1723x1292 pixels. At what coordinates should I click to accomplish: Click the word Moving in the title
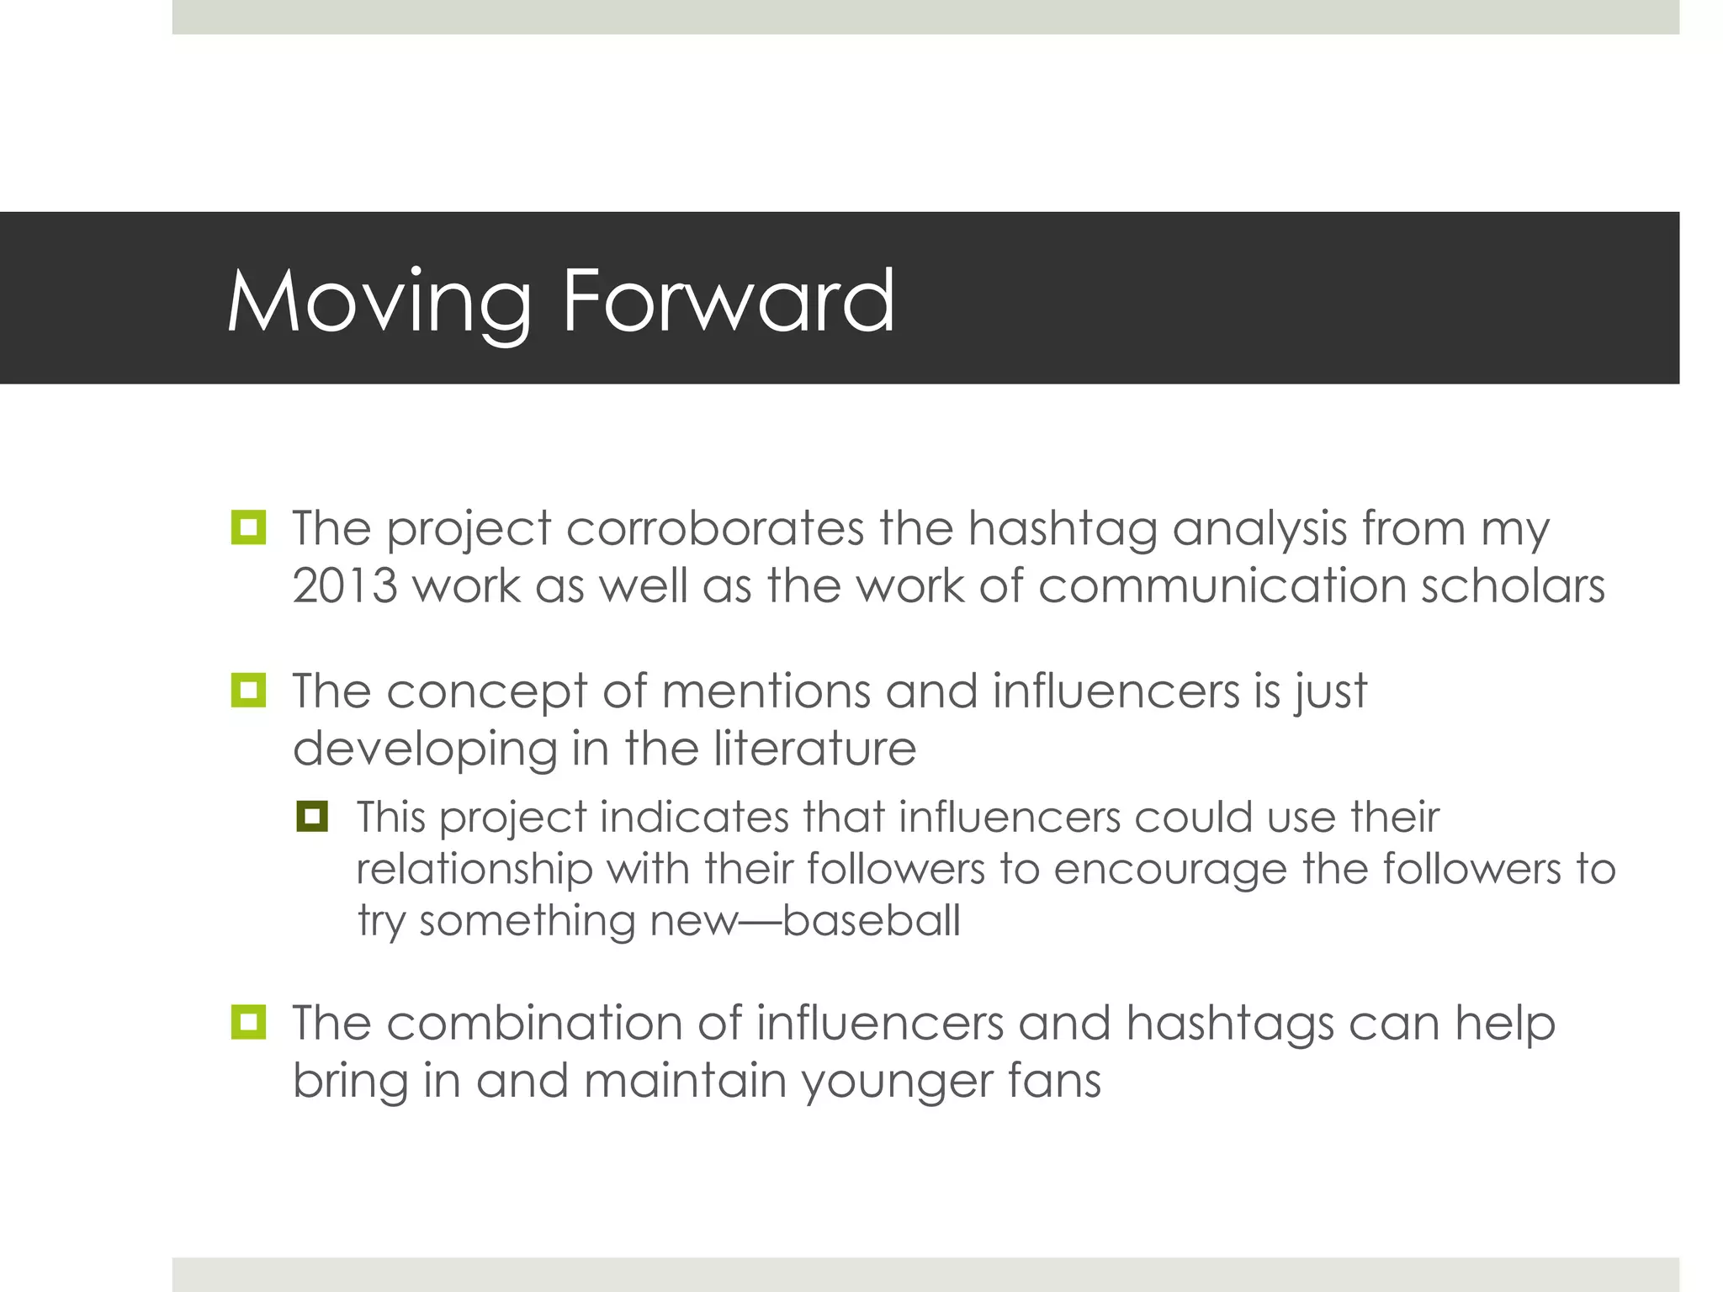coord(379,301)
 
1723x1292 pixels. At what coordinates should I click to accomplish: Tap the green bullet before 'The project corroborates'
coord(248,527)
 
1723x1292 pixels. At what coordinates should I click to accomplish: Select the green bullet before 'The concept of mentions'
coord(248,691)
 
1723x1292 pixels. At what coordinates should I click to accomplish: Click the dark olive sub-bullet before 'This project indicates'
coord(312,816)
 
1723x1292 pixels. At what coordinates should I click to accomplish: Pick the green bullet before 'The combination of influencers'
coord(248,1022)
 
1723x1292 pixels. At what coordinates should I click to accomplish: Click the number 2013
coord(345,585)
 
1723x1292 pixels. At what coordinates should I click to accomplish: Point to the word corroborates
coord(715,529)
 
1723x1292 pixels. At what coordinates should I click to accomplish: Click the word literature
coord(814,748)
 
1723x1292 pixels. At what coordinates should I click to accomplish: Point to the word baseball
coord(871,920)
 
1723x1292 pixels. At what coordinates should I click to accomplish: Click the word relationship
coord(474,869)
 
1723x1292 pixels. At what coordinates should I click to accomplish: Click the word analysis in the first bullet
coord(1259,531)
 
